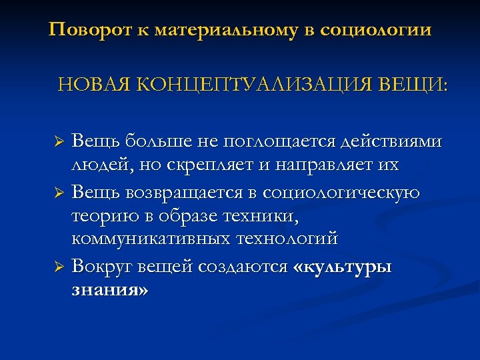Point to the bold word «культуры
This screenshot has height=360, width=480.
tap(343, 268)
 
